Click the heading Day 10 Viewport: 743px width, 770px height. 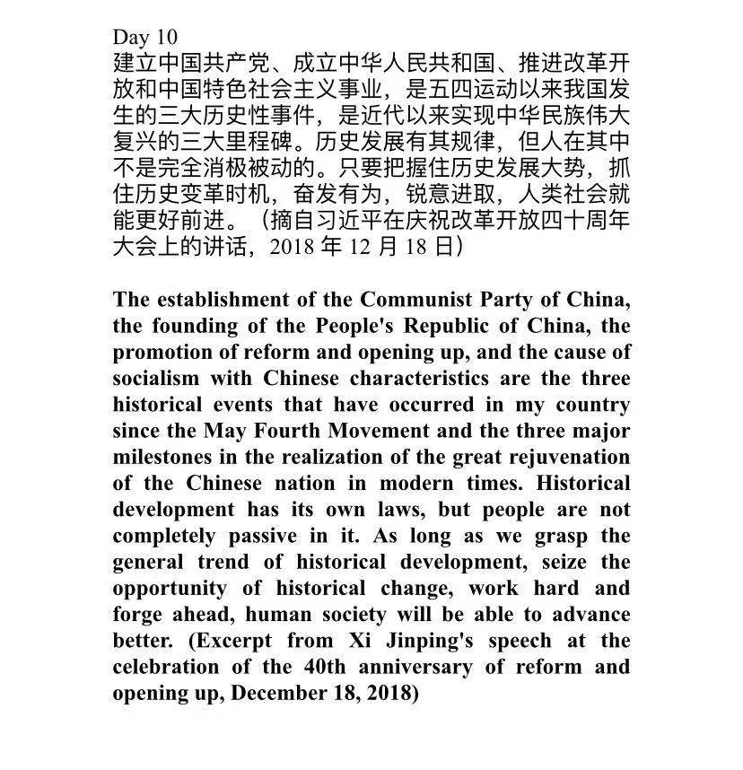pos(144,37)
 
